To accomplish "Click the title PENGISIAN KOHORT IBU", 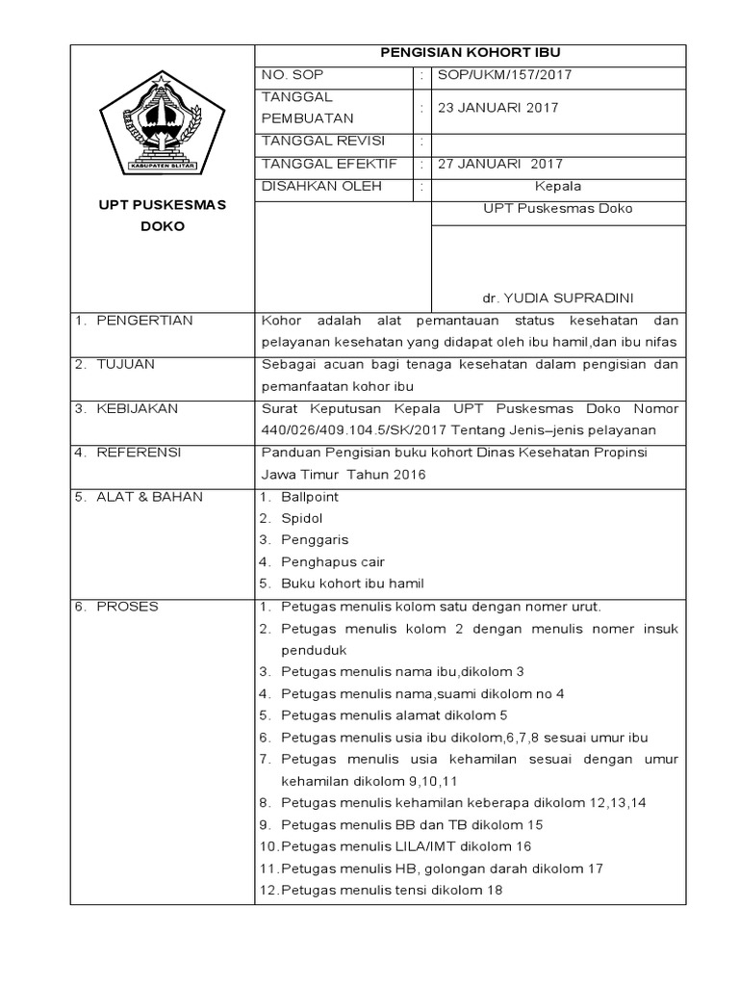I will pos(470,53).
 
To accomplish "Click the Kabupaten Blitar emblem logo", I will pos(162,122).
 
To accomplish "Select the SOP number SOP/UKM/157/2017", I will pos(510,75).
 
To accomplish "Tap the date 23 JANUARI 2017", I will pos(497,108).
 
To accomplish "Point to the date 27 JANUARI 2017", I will pos(500,164).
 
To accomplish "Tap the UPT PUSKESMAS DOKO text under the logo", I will pos(162,217).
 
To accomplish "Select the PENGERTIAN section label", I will pos(144,320).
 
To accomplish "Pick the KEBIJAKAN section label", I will pos(138,408).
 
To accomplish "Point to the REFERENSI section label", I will pos(139,453).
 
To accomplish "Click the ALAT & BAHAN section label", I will pos(149,497).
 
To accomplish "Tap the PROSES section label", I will pos(128,607).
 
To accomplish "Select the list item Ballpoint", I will pos(310,497).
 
